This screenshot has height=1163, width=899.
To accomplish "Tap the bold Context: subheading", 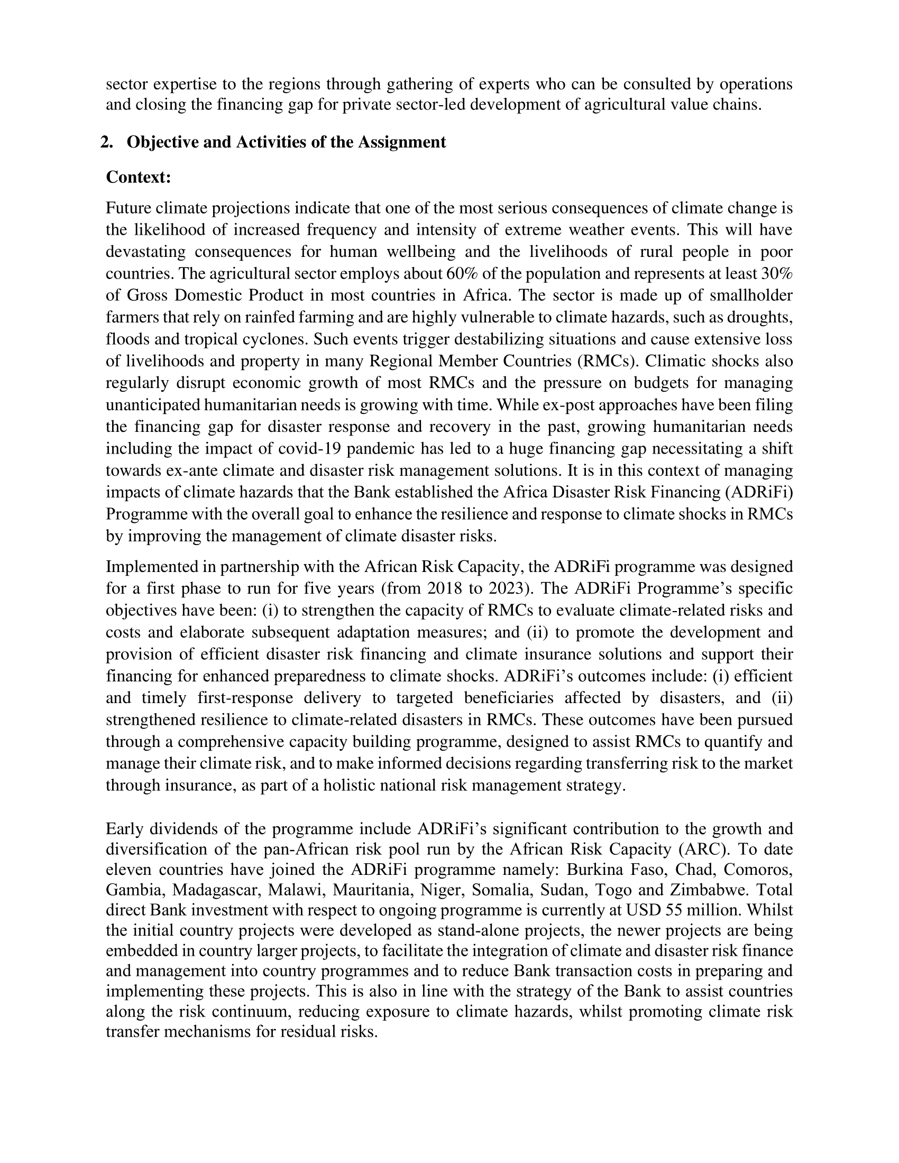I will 139,177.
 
